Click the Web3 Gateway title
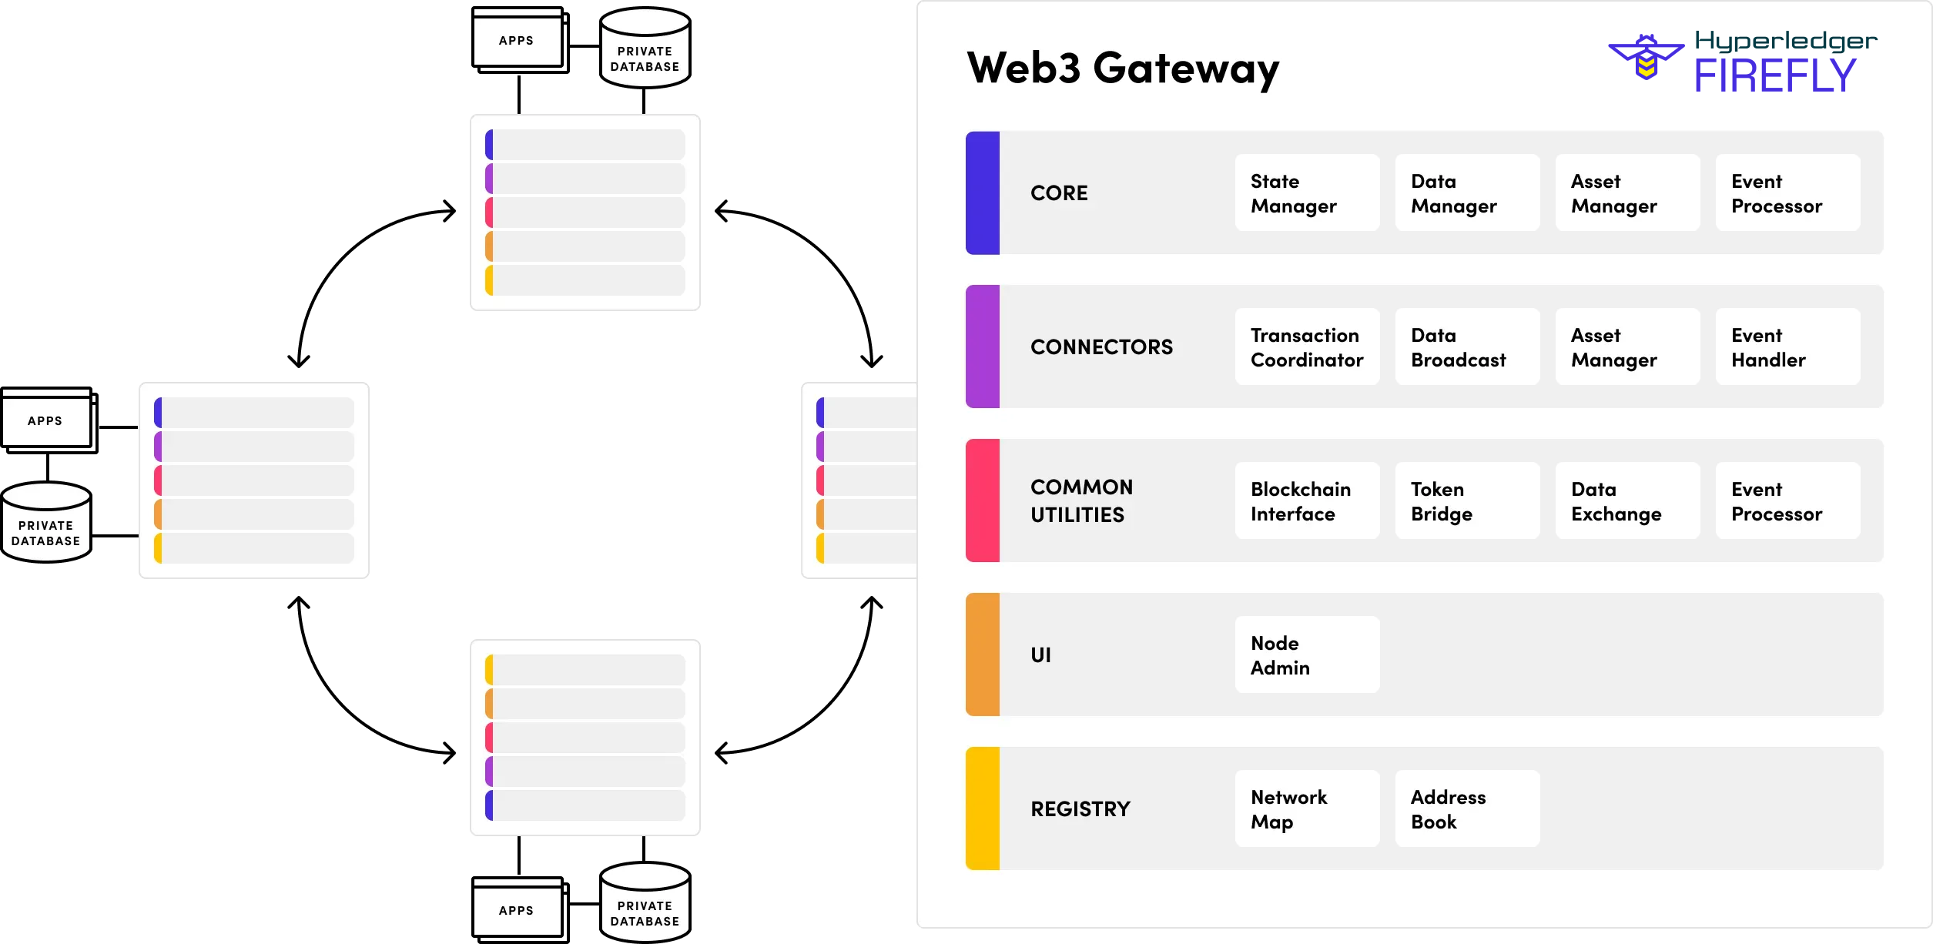click(1122, 69)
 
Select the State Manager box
click(1307, 193)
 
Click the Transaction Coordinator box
click(1307, 347)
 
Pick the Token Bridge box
click(1467, 501)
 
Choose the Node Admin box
click(1307, 655)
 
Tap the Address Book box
click(1467, 809)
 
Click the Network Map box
click(1307, 809)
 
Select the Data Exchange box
click(1627, 501)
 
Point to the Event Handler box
click(1787, 347)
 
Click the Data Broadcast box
click(1467, 347)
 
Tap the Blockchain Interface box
click(1307, 501)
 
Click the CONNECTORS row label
click(1101, 347)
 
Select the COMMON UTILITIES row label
click(1081, 501)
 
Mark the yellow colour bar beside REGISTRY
click(983, 808)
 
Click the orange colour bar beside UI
click(983, 654)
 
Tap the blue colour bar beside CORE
click(983, 192)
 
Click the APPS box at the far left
click(46, 420)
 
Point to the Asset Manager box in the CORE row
click(1627, 193)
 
